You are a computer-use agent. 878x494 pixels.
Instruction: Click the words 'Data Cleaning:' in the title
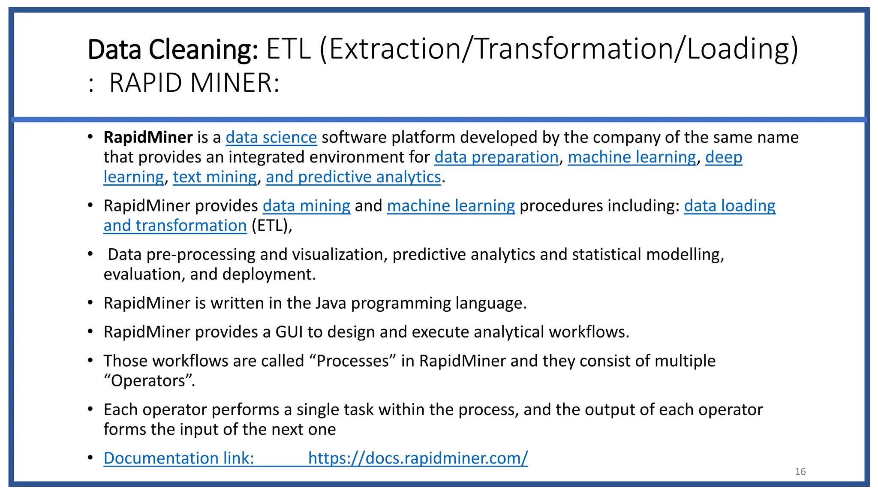click(172, 49)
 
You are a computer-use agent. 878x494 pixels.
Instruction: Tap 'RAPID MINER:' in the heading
click(194, 83)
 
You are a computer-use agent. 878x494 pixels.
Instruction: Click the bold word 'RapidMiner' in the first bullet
click(148, 138)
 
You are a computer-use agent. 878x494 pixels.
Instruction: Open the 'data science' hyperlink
click(271, 138)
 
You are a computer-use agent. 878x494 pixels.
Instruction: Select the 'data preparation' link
click(496, 157)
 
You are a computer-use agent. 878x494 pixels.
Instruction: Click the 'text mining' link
click(215, 177)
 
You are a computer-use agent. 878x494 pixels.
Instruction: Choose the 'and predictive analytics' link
click(353, 177)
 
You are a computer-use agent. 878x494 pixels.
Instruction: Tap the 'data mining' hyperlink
click(307, 206)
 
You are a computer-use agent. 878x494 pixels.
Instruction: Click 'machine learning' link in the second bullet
click(451, 206)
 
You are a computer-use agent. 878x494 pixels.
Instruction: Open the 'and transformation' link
click(175, 226)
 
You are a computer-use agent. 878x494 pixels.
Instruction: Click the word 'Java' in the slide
click(331, 303)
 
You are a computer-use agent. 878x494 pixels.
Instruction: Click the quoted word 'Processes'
click(352, 361)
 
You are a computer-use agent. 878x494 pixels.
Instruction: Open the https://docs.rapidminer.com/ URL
click(418, 458)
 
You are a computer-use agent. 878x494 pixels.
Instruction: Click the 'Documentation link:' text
click(179, 458)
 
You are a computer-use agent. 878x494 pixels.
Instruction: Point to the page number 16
click(800, 472)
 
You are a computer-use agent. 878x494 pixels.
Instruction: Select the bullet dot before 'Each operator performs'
click(90, 409)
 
